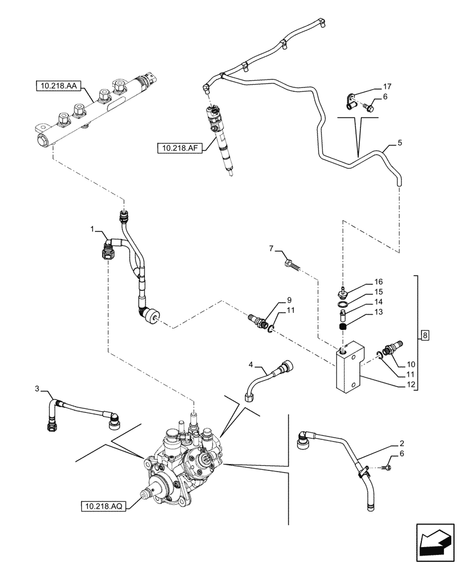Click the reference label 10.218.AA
(59, 86)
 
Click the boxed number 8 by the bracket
(426, 337)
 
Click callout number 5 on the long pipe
(400, 144)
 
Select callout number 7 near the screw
(271, 249)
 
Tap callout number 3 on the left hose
(37, 389)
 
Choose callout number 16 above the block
(378, 281)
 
